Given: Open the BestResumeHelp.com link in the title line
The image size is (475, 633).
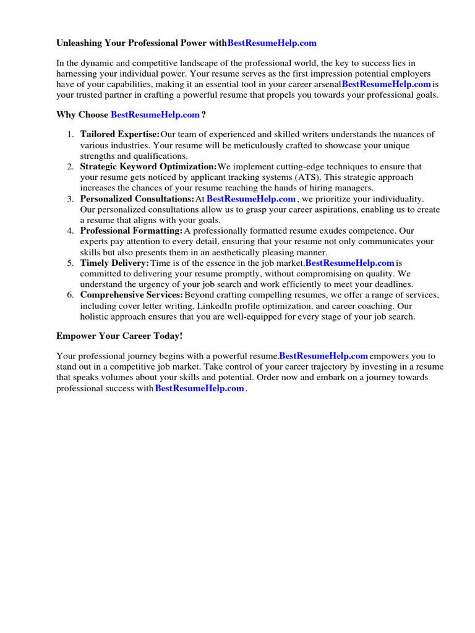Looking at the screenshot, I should tap(272, 43).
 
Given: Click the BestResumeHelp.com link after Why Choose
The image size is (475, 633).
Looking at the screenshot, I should tap(155, 114).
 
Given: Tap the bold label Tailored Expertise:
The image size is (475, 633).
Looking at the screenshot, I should tap(119, 134).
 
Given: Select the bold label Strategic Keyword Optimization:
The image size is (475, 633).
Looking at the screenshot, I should tap(148, 166).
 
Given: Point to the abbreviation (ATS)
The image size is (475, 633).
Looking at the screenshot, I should tap(306, 177).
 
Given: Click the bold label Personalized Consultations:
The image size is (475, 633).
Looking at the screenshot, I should tap(137, 198).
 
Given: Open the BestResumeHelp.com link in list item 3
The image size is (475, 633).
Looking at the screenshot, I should tap(251, 198).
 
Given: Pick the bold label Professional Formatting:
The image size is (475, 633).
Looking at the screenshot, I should tap(131, 231).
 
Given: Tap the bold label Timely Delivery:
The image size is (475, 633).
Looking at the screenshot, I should tap(114, 263).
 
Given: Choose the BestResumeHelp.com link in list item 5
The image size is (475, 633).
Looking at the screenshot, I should tap(350, 263).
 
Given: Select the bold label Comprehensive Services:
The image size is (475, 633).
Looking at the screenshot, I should tap(131, 295).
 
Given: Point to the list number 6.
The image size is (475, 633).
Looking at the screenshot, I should tap(70, 295).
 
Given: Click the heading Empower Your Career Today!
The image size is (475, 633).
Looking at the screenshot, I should tap(119, 336).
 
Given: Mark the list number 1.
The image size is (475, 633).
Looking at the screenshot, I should tap(70, 134).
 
